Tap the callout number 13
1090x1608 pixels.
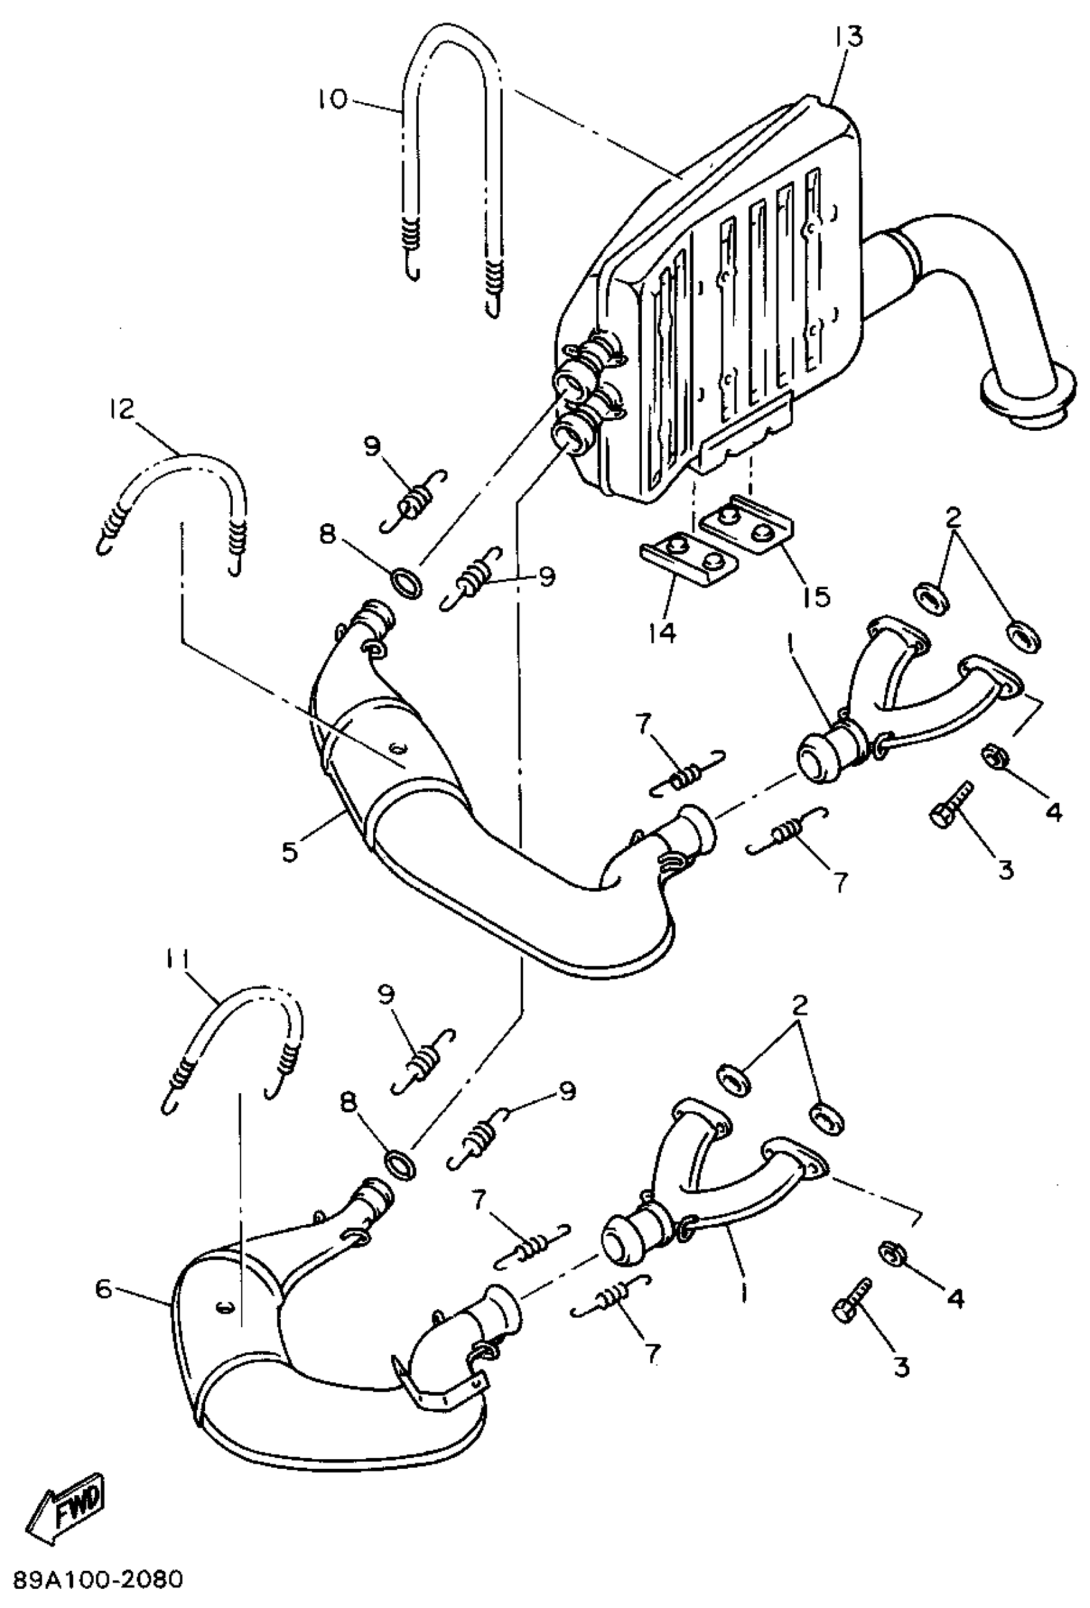(849, 36)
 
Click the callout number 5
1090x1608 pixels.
(290, 851)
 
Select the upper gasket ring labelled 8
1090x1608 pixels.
(407, 583)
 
